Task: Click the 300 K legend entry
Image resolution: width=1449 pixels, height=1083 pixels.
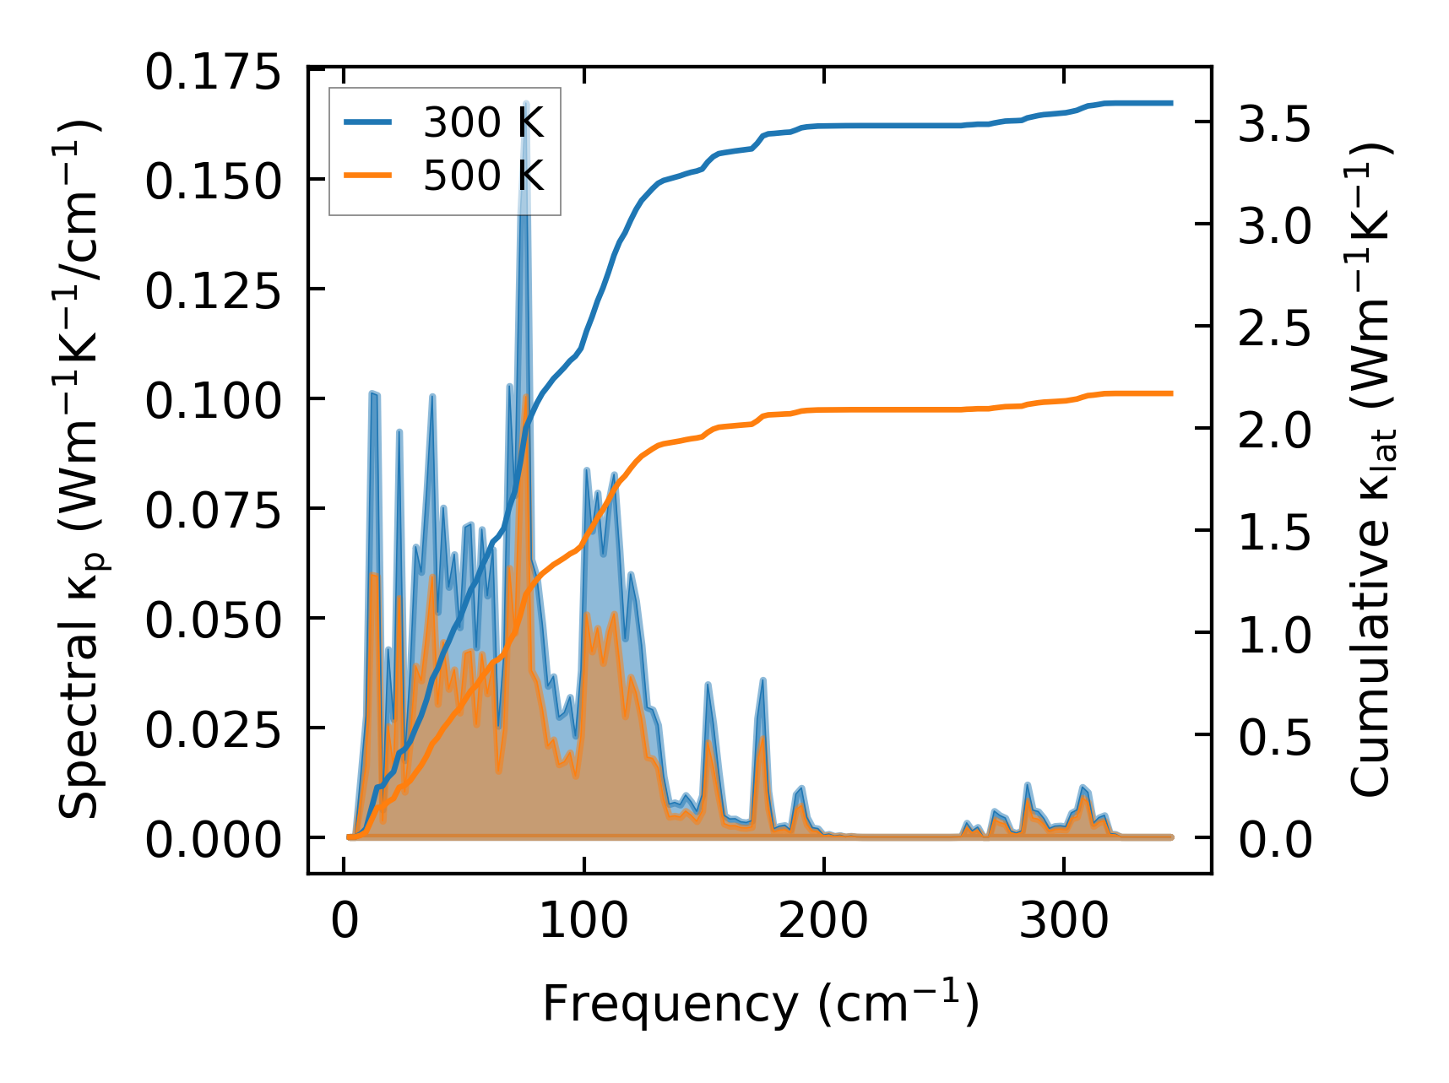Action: click(x=483, y=123)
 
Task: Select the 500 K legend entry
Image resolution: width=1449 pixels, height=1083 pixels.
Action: click(x=483, y=176)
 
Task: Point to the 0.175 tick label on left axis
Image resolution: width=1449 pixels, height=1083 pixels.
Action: click(x=212, y=73)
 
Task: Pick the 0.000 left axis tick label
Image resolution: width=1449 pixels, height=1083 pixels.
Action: click(x=212, y=840)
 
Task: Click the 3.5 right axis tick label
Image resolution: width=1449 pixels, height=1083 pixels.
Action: click(x=1275, y=124)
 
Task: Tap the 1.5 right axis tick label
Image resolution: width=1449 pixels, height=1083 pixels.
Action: click(x=1275, y=533)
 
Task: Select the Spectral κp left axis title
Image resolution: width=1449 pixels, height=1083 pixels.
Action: click(x=80, y=468)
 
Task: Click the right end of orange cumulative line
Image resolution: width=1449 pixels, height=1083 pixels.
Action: click(x=1172, y=393)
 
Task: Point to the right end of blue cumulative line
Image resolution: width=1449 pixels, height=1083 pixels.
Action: click(x=1172, y=103)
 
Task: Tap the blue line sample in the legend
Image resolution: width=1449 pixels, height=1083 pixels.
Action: click(x=367, y=123)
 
